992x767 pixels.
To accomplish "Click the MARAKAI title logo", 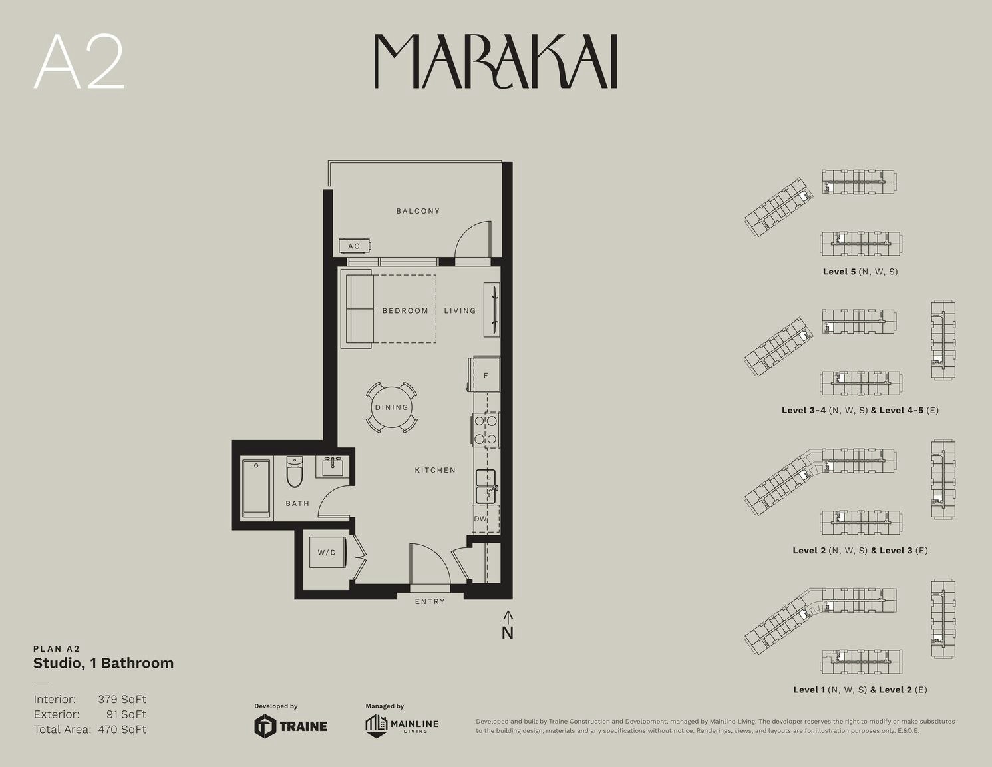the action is pyautogui.click(x=496, y=61).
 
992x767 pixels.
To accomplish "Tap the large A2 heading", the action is pyautogui.click(x=79, y=61).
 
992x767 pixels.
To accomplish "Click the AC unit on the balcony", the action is pyautogui.click(x=355, y=246).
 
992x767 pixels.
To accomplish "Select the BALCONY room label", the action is pyautogui.click(x=418, y=211).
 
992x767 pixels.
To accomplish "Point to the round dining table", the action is pyautogui.click(x=391, y=407).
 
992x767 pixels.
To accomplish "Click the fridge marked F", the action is pyautogui.click(x=485, y=375).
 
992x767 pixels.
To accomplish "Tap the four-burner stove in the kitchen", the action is pyautogui.click(x=486, y=430).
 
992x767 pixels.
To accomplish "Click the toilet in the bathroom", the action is pyautogui.click(x=295, y=471).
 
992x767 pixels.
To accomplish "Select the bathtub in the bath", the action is pyautogui.click(x=256, y=487).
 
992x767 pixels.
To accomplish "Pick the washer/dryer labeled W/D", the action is pyautogui.click(x=327, y=553).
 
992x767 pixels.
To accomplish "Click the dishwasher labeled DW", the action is pyautogui.click(x=486, y=519).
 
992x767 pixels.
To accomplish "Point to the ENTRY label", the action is pyautogui.click(x=430, y=602).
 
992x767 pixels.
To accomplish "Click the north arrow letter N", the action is pyautogui.click(x=508, y=633).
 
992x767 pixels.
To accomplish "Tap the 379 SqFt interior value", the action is pyautogui.click(x=122, y=699).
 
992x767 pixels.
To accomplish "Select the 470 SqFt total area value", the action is pyautogui.click(x=122, y=730).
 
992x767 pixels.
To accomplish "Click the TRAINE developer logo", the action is pyautogui.click(x=291, y=726).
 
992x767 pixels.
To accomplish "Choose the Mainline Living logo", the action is pyautogui.click(x=402, y=726).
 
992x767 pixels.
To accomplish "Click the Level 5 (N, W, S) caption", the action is pyautogui.click(x=860, y=272).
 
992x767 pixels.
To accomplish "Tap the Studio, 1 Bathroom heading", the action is pyautogui.click(x=104, y=663).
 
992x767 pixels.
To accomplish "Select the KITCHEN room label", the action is pyautogui.click(x=435, y=470).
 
